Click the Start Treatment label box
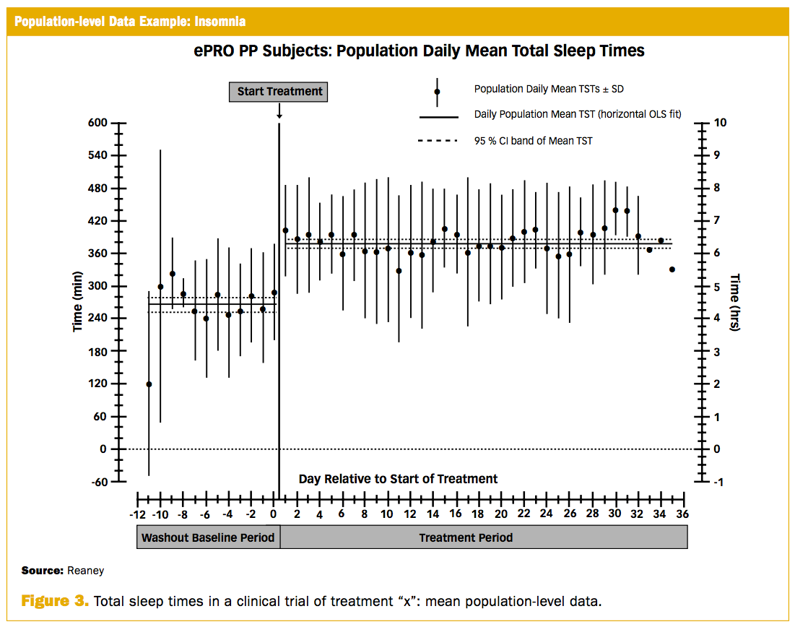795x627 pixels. pos(279,92)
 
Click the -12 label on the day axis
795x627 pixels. pos(136,514)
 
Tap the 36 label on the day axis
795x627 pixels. pos(683,514)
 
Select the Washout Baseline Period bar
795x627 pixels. pos(208,537)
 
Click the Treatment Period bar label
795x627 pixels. pos(466,537)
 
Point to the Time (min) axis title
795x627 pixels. pos(77,301)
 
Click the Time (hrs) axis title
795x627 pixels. pos(735,301)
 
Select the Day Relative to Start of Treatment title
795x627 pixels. pos(398,479)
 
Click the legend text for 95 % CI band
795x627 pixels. pos(533,141)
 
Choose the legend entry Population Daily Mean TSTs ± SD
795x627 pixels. pos(549,89)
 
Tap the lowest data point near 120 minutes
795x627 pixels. pos(149,384)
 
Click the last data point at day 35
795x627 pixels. pos(672,269)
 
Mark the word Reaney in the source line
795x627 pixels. pos(86,571)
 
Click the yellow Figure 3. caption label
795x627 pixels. pos(54,601)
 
